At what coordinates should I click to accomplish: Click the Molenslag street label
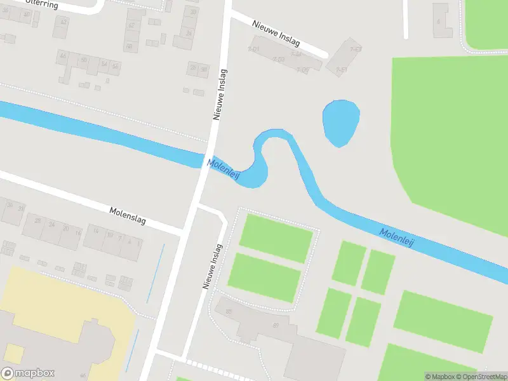128,215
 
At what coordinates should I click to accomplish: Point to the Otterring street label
41,4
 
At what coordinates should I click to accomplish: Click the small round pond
341,123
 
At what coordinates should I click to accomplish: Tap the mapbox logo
28,373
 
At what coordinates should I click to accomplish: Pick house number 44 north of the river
62,57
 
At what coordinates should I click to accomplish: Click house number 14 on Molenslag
96,231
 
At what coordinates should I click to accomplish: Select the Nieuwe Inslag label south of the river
212,267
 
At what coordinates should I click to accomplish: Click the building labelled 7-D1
254,49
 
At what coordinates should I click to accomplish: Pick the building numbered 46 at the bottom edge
83,376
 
